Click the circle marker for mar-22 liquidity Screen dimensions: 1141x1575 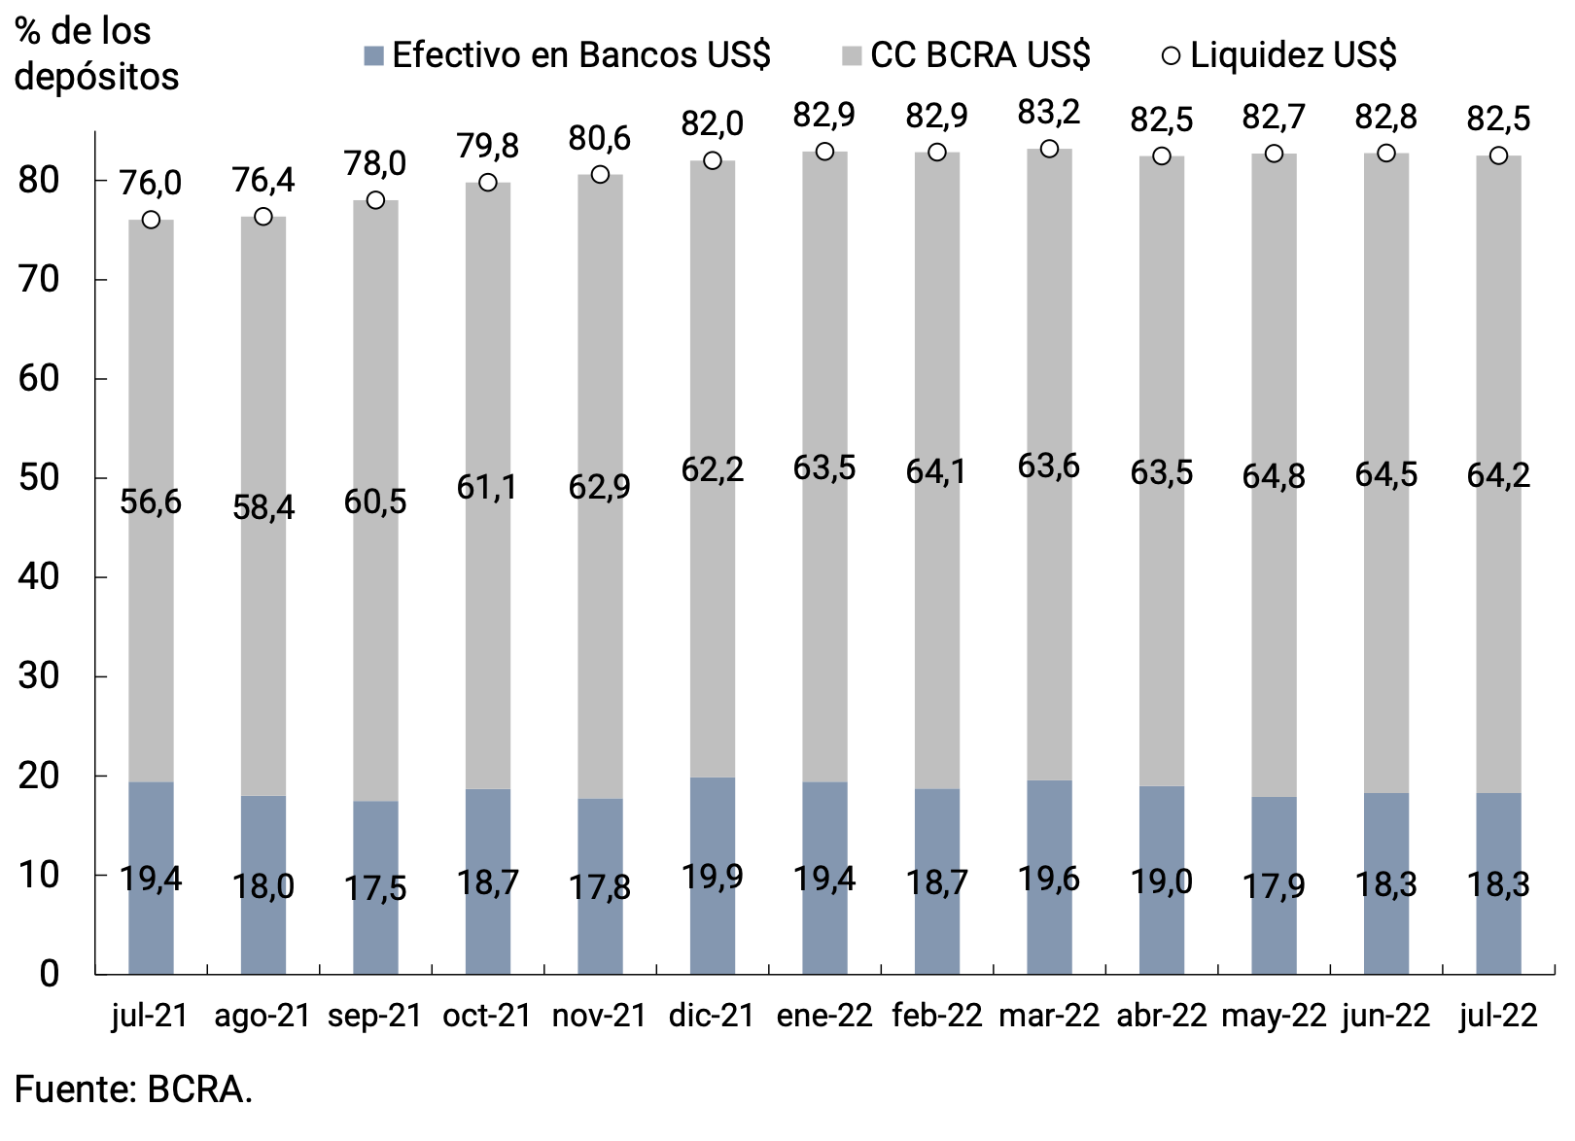point(1049,149)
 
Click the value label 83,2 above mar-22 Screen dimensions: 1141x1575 point(1049,113)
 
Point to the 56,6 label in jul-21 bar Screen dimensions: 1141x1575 point(151,501)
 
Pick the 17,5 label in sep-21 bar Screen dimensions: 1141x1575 point(375,887)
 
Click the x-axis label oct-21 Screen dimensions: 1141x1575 point(487,1016)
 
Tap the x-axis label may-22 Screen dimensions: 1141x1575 point(1274,1016)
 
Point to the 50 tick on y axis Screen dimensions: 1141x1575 point(39,477)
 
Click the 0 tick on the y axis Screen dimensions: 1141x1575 point(49,973)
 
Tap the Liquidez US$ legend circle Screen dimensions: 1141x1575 point(1172,55)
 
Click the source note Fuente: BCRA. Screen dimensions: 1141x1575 point(133,1089)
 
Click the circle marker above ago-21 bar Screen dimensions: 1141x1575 point(263,216)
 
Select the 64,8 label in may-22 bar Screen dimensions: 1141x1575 point(1274,476)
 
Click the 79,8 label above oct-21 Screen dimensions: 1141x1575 point(488,146)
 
